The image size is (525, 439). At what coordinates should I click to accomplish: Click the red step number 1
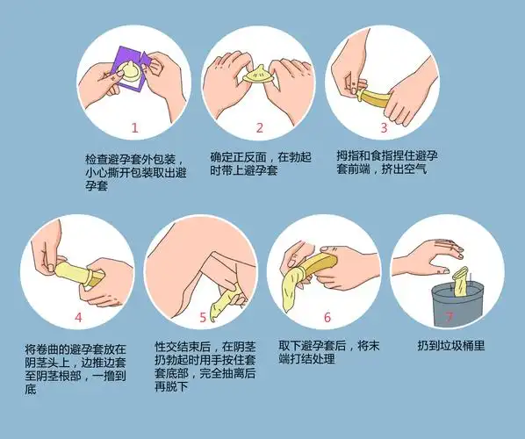click(134, 127)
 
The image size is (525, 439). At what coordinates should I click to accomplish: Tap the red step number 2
click(259, 127)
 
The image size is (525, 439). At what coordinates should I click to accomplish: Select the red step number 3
click(384, 127)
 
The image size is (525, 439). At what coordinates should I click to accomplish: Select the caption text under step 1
click(133, 172)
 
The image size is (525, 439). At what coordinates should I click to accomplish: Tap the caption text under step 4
click(76, 362)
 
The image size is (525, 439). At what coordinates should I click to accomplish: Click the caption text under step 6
click(327, 354)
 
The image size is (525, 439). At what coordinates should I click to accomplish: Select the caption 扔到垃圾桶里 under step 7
click(450, 345)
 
